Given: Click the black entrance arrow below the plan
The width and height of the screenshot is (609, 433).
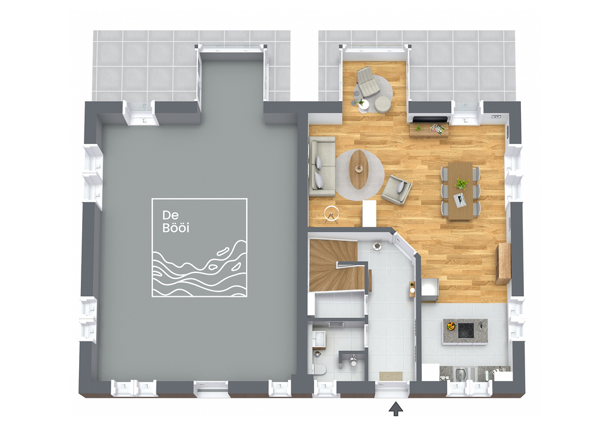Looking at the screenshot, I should click(395, 409).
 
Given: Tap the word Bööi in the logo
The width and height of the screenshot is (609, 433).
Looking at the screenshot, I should click(175, 228).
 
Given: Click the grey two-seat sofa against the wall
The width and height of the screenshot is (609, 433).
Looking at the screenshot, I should click(321, 167).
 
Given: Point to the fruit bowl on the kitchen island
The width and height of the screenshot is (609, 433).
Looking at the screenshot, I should click(451, 326).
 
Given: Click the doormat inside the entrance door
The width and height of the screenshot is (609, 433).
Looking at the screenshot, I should click(391, 375).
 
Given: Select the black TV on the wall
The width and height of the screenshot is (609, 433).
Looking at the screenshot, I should click(429, 120).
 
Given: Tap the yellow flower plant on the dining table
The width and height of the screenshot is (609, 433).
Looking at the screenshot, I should click(462, 184).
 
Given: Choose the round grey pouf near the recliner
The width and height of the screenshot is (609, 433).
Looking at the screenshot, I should click(382, 104).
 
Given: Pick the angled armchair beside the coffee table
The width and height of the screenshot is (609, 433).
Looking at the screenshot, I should click(396, 190).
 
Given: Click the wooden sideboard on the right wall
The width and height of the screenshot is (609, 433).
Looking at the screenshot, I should click(503, 263).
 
